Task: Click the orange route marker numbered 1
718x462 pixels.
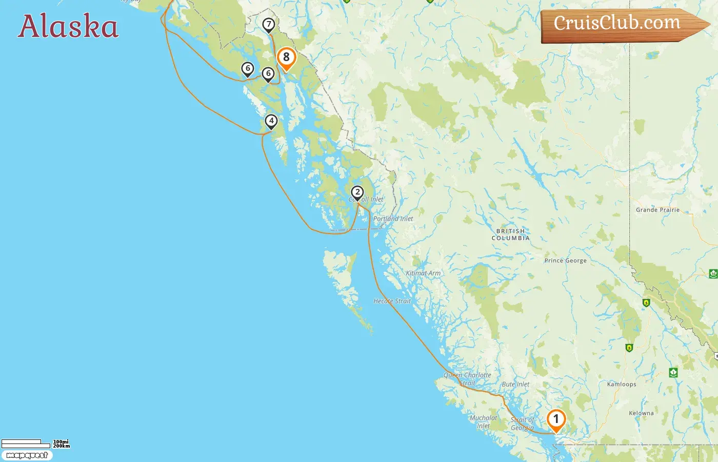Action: point(556,419)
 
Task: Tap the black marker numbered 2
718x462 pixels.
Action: point(357,192)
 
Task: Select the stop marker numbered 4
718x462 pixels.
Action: point(271,121)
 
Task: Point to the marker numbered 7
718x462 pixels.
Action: point(268,24)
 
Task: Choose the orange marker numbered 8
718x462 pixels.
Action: point(286,57)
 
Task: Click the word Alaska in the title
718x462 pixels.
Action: point(68,27)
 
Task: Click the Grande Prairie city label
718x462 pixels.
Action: point(657,210)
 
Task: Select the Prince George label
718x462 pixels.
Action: point(565,261)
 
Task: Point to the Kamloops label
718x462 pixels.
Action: point(622,384)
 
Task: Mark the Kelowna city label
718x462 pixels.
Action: point(641,413)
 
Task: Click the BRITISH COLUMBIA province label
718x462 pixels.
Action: point(510,235)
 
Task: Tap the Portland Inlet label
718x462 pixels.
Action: point(393,219)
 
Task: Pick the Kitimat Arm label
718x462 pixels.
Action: point(423,273)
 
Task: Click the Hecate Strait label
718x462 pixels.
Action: point(392,301)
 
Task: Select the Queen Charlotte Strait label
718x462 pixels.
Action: point(467,379)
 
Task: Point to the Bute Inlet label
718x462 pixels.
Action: point(515,384)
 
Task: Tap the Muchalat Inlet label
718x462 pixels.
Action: point(483,421)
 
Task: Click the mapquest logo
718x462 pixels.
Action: point(27,455)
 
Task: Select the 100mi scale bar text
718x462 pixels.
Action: point(61,441)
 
